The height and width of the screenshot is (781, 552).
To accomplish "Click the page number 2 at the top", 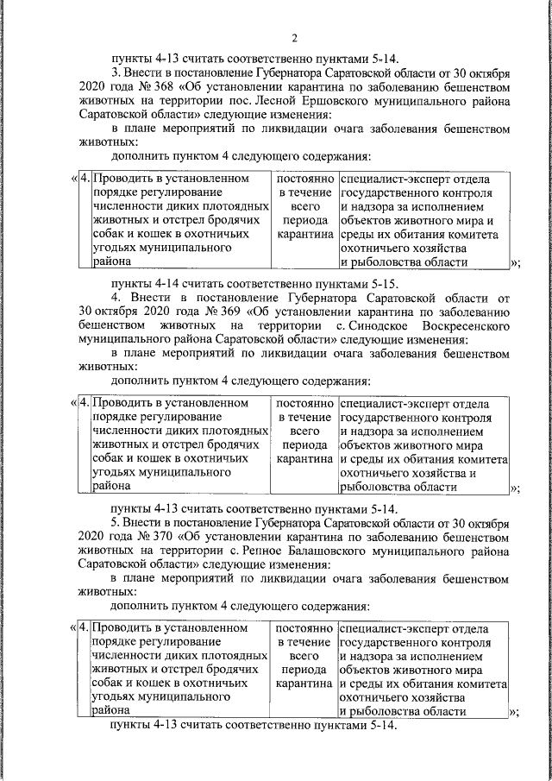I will (x=294, y=38).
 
